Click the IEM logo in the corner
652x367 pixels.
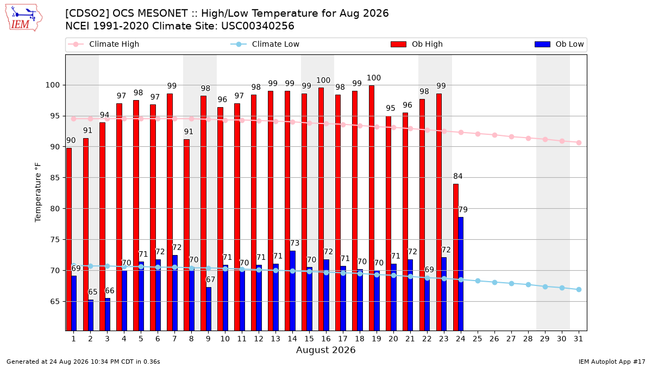[x=24, y=18]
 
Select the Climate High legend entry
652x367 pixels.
[x=103, y=44]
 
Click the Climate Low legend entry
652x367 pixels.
[x=265, y=44]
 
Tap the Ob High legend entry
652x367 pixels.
[x=417, y=44]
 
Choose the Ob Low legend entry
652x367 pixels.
[x=559, y=44]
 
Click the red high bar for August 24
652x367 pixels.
[x=456, y=258]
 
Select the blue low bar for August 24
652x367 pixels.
[x=461, y=274]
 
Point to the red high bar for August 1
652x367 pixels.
[x=69, y=239]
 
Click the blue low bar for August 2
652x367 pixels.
[x=91, y=315]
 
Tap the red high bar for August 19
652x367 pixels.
[x=372, y=208]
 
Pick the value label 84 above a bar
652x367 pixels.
[x=458, y=176]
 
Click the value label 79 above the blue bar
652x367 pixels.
[x=463, y=209]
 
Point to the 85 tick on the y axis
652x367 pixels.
[x=55, y=178]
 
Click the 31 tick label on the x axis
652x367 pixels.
[x=578, y=339]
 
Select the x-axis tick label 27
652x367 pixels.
[x=511, y=339]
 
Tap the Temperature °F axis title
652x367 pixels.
[x=38, y=192]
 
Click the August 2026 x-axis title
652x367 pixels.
[x=325, y=350]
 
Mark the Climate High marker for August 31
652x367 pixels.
[x=579, y=142]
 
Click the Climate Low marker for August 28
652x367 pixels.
[x=528, y=284]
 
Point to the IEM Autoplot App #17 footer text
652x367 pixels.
[x=612, y=362]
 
